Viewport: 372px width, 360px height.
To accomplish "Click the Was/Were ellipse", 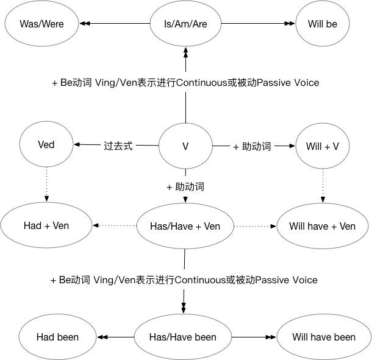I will (x=42, y=25).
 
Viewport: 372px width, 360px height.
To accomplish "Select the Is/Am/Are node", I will (x=185, y=25).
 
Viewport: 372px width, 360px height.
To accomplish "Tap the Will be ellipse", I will (x=322, y=25).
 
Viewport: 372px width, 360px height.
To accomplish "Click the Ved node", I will (x=46, y=145).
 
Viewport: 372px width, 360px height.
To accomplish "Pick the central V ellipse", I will (x=185, y=146).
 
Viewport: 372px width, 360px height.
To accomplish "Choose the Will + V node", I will (x=322, y=146).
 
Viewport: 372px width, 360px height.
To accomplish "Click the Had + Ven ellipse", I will (x=46, y=226).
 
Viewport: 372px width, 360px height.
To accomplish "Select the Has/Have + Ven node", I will (x=185, y=227).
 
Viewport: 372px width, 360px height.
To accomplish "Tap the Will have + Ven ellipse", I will (x=322, y=227).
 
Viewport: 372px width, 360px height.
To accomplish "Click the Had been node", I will (x=57, y=337).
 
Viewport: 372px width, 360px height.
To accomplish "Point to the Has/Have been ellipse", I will (x=183, y=337).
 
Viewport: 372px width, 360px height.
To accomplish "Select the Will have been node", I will (x=323, y=337).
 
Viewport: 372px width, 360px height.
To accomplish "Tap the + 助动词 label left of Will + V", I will (x=252, y=146).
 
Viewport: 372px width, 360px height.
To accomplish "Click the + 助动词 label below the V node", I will (x=185, y=186).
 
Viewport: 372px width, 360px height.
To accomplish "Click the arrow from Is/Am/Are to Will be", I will (x=256, y=24).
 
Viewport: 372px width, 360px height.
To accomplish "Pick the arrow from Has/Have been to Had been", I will (x=115, y=337).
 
